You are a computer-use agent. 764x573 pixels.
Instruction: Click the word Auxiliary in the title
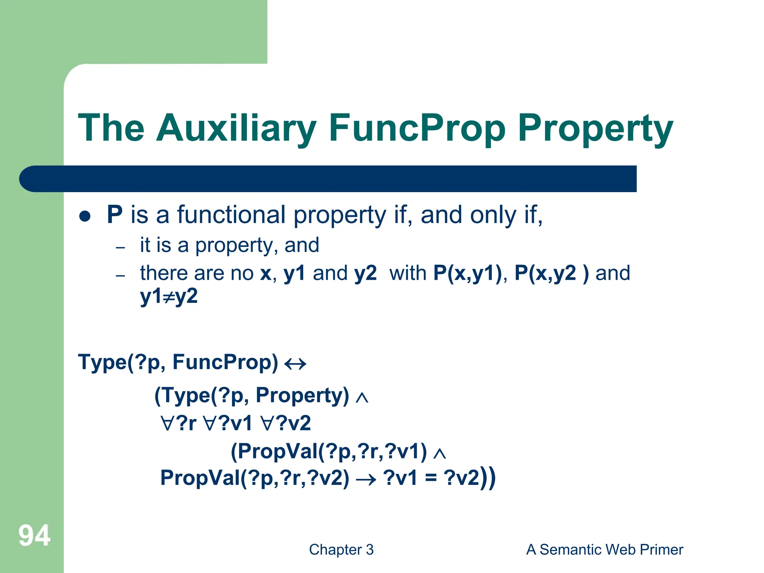(236, 129)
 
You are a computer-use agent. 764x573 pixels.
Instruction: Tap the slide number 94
(34, 536)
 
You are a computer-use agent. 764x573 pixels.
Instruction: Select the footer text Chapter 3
(341, 550)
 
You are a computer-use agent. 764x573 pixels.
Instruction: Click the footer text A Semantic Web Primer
(604, 550)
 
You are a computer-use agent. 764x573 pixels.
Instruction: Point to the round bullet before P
(85, 216)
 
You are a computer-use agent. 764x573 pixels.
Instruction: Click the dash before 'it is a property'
(120, 247)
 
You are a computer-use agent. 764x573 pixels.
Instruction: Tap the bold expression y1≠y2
(169, 297)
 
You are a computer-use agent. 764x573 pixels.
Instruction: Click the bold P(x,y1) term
(468, 273)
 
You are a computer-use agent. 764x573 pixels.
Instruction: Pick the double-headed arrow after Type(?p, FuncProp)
(295, 363)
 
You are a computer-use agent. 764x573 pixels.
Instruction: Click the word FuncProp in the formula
(225, 362)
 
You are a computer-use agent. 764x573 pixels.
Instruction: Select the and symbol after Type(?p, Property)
(362, 398)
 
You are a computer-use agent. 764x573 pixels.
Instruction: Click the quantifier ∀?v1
(228, 423)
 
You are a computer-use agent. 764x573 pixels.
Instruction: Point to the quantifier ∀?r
(178, 423)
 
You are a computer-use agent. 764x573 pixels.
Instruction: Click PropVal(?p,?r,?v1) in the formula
(329, 451)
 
